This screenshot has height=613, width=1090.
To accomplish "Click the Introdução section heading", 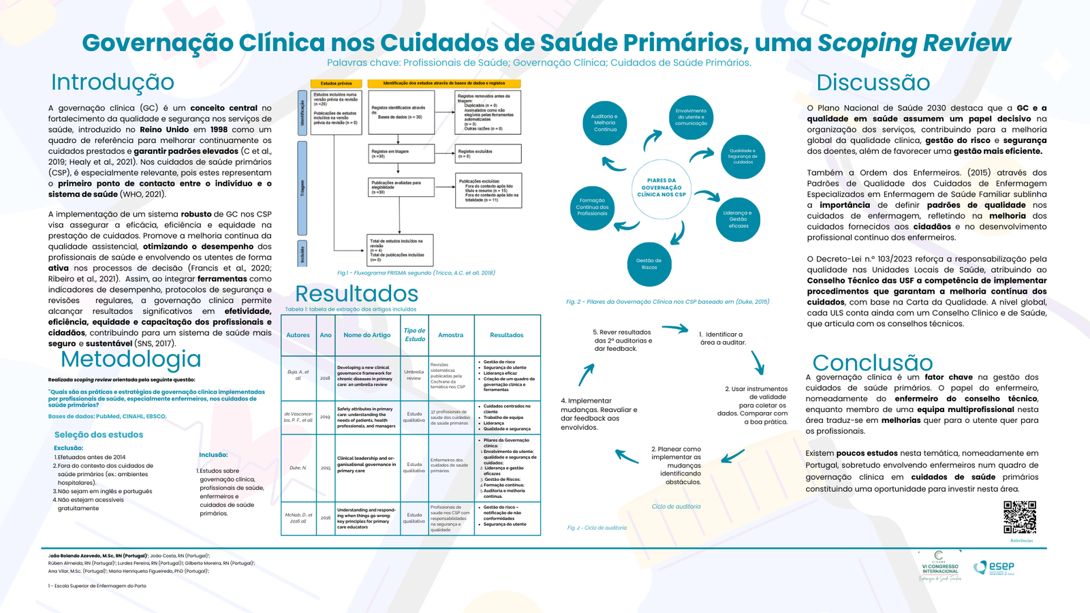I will [112, 82].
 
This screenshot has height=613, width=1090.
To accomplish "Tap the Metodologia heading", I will [131, 359].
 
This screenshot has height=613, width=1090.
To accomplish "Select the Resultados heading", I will [356, 294].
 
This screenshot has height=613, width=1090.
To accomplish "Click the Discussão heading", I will [873, 82].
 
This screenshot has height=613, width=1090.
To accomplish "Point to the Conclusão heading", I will [872, 362].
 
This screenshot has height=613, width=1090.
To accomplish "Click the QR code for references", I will [1020, 518].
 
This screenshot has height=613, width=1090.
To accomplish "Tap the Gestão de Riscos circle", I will [649, 264].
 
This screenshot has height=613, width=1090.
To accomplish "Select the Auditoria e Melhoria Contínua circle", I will [604, 123].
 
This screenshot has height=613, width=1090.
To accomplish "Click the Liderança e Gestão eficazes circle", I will [738, 219].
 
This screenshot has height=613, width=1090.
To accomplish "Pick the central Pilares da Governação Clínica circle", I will [661, 189].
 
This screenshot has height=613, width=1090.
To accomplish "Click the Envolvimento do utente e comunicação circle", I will [691, 117].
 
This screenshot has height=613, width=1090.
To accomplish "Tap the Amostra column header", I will [450, 335].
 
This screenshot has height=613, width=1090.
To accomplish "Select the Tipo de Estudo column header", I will [414, 334].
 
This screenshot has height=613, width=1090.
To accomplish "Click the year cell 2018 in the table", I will [325, 378].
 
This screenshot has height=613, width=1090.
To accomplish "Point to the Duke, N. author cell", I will [298, 468].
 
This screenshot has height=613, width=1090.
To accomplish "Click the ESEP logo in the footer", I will [994, 567].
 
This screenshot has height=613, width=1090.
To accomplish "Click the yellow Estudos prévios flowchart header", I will [336, 84].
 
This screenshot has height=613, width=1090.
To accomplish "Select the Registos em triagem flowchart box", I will [401, 154].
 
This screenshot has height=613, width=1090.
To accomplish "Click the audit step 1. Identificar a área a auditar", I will [722, 339].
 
